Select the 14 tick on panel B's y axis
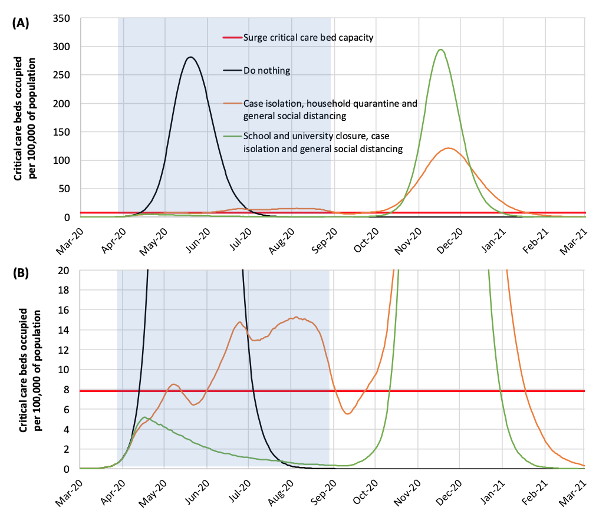[x=65, y=330]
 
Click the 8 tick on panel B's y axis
[x=68, y=390]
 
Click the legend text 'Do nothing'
[x=266, y=71]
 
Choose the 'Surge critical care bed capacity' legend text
[x=309, y=38]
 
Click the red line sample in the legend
[x=232, y=38]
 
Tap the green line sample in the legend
[x=232, y=135]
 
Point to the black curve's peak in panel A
[x=190, y=57]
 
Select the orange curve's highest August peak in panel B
[x=296, y=317]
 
